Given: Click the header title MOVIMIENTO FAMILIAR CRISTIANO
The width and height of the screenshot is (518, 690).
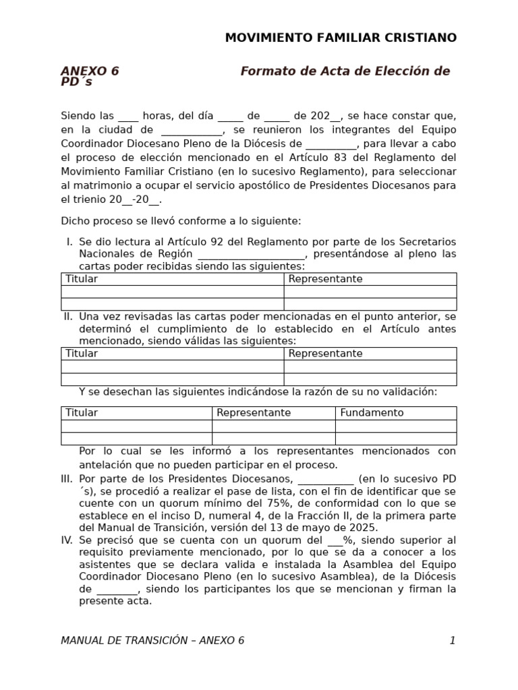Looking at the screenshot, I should pos(341,38).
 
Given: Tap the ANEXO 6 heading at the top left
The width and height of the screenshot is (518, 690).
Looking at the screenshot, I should pos(90,71).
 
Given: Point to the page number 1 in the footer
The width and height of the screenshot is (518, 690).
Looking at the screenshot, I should pos(453,640).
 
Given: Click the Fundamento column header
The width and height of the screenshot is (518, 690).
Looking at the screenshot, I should pos(372,412).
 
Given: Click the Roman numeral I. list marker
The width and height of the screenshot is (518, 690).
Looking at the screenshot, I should pos(69,241).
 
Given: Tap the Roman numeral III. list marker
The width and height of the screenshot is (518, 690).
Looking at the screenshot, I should pos(66,479).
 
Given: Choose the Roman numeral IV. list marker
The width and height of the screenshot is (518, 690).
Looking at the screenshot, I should pos(66,540).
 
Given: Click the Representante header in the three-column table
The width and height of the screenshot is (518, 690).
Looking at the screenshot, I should pos(254,412).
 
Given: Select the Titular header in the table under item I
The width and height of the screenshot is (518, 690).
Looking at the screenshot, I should pos(82,279).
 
